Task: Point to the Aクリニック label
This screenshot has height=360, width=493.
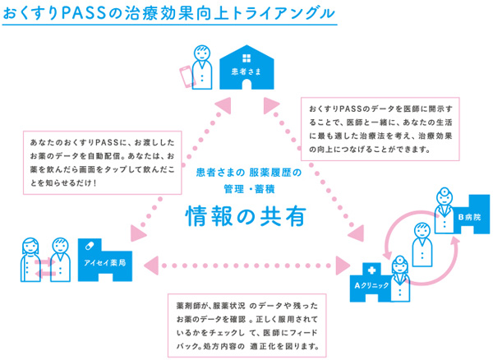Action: [x=370, y=285]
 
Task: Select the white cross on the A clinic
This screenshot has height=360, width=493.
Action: [x=371, y=270]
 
